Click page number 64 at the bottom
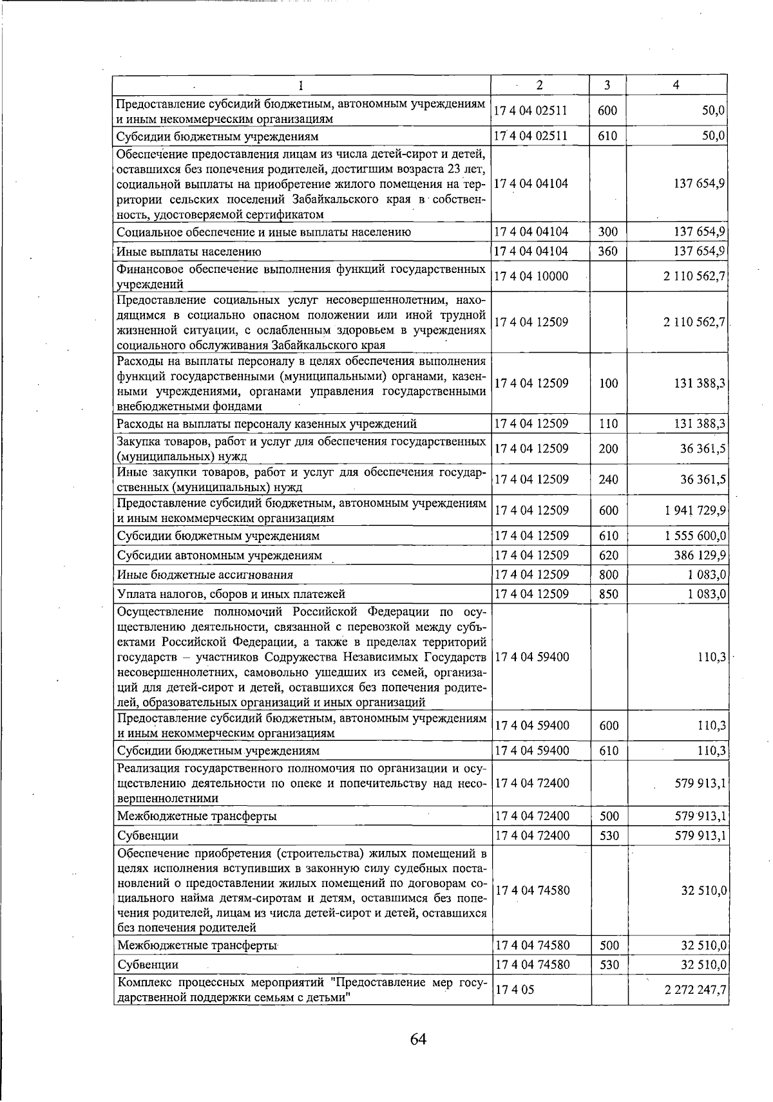[418, 1039]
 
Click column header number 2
[539, 85]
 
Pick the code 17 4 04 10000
[531, 276]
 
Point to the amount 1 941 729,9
[695, 510]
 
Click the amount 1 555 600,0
[695, 536]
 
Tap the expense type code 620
[608, 555]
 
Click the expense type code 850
[608, 593]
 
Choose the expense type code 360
[608, 251]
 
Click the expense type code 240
[608, 480]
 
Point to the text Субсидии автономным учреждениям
[219, 555]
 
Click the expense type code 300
[608, 232]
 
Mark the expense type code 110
[608, 424]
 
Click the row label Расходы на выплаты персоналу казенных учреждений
[267, 424]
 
